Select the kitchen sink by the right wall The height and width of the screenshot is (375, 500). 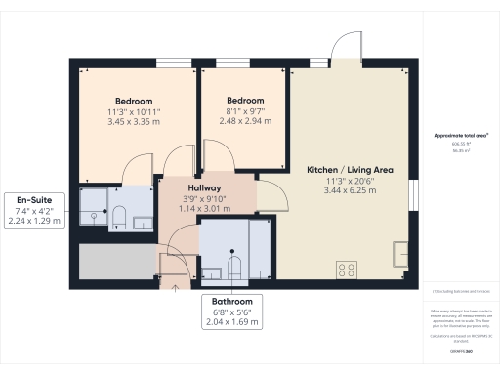(400, 254)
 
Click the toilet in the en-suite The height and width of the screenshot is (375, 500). (117, 216)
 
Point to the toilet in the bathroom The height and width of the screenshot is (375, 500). (234, 265)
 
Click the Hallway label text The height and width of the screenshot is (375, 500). (205, 187)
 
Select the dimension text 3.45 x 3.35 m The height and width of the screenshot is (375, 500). (134, 124)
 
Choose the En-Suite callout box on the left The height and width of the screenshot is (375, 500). (34, 207)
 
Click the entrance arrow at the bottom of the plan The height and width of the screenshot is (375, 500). (175, 286)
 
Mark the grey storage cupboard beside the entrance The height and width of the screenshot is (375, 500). (117, 261)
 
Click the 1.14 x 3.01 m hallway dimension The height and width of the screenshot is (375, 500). (205, 208)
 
